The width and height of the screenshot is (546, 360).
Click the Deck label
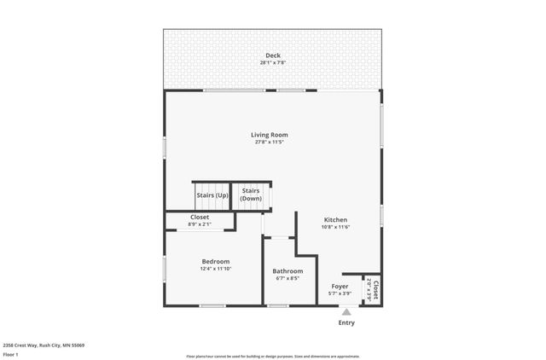click(272, 55)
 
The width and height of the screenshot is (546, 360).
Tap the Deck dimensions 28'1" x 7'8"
click(272, 62)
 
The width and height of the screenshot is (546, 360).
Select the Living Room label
click(269, 135)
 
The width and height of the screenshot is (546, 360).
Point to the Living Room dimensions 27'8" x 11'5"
click(269, 142)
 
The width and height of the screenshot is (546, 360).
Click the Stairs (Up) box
click(212, 195)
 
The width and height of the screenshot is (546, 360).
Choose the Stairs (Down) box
click(251, 195)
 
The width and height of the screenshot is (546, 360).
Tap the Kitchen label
click(335, 219)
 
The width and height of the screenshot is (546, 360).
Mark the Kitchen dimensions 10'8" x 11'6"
click(335, 227)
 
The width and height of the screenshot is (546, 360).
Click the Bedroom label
click(216, 261)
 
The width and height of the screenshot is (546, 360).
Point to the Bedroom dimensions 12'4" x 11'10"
click(216, 269)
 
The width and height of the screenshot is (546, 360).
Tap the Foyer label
click(340, 286)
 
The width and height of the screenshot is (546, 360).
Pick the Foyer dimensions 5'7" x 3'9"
click(340, 293)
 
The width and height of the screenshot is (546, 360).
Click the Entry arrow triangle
click(346, 313)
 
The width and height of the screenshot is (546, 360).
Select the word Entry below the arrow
click(346, 322)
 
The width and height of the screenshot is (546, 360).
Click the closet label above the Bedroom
click(200, 217)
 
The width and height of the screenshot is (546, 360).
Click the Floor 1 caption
click(11, 354)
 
